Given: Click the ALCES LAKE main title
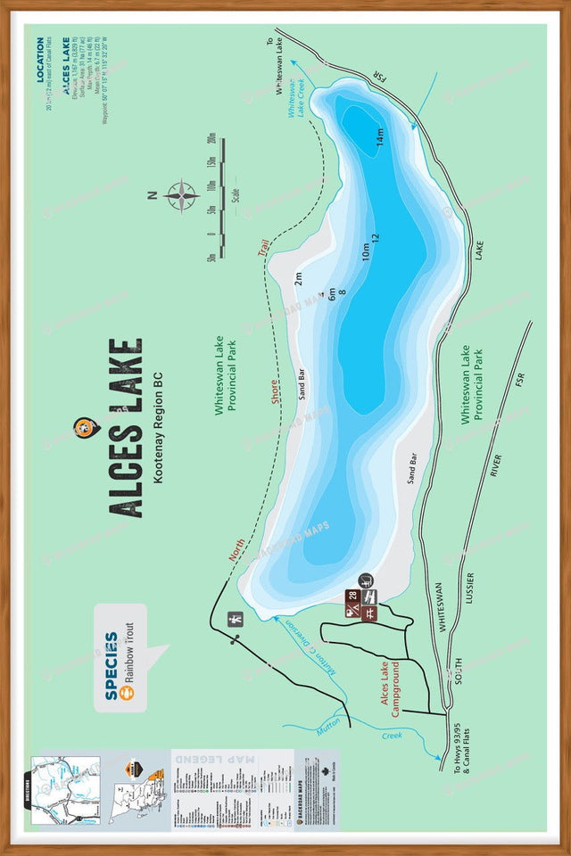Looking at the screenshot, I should click(x=126, y=428).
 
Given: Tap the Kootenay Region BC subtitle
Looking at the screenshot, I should click(x=158, y=428).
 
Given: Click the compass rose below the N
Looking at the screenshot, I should click(x=181, y=195).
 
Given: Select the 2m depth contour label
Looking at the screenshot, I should click(x=299, y=279).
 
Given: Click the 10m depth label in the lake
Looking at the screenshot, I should click(x=365, y=251).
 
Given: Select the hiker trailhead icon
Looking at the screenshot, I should click(x=236, y=620).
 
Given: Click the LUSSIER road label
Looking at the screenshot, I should click(x=469, y=590).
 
